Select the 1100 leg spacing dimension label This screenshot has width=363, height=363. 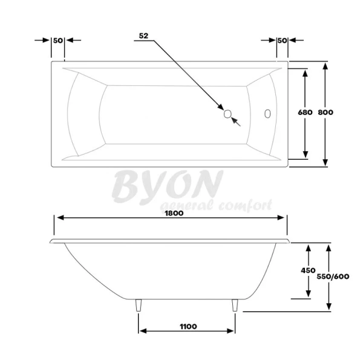(x=188, y=326)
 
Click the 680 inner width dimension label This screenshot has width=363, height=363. (x=305, y=113)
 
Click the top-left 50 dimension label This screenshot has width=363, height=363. (x=58, y=40)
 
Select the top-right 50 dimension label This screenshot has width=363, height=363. (x=281, y=40)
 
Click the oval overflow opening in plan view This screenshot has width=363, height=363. (x=267, y=113)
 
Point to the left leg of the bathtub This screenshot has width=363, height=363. (x=140, y=306)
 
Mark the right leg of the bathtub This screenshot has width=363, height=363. (x=234, y=306)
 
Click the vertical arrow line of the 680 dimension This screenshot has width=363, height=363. (x=306, y=139)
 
